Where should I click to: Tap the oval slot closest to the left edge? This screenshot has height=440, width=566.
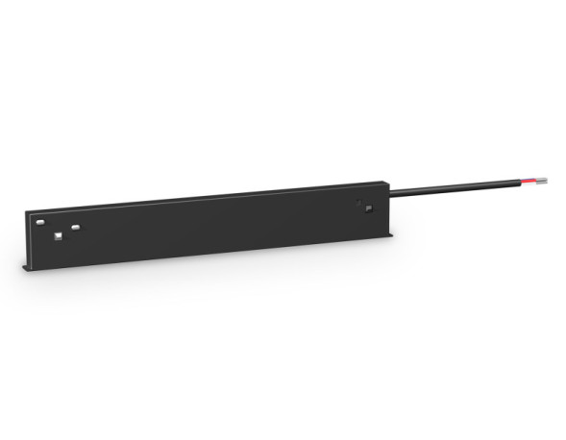[40, 223]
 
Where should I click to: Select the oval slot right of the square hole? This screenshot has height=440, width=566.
[75, 227]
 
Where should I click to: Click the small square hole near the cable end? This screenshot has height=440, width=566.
[366, 208]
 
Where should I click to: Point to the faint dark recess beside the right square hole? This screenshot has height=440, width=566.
[358, 202]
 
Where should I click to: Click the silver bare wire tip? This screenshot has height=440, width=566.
[546, 179]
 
